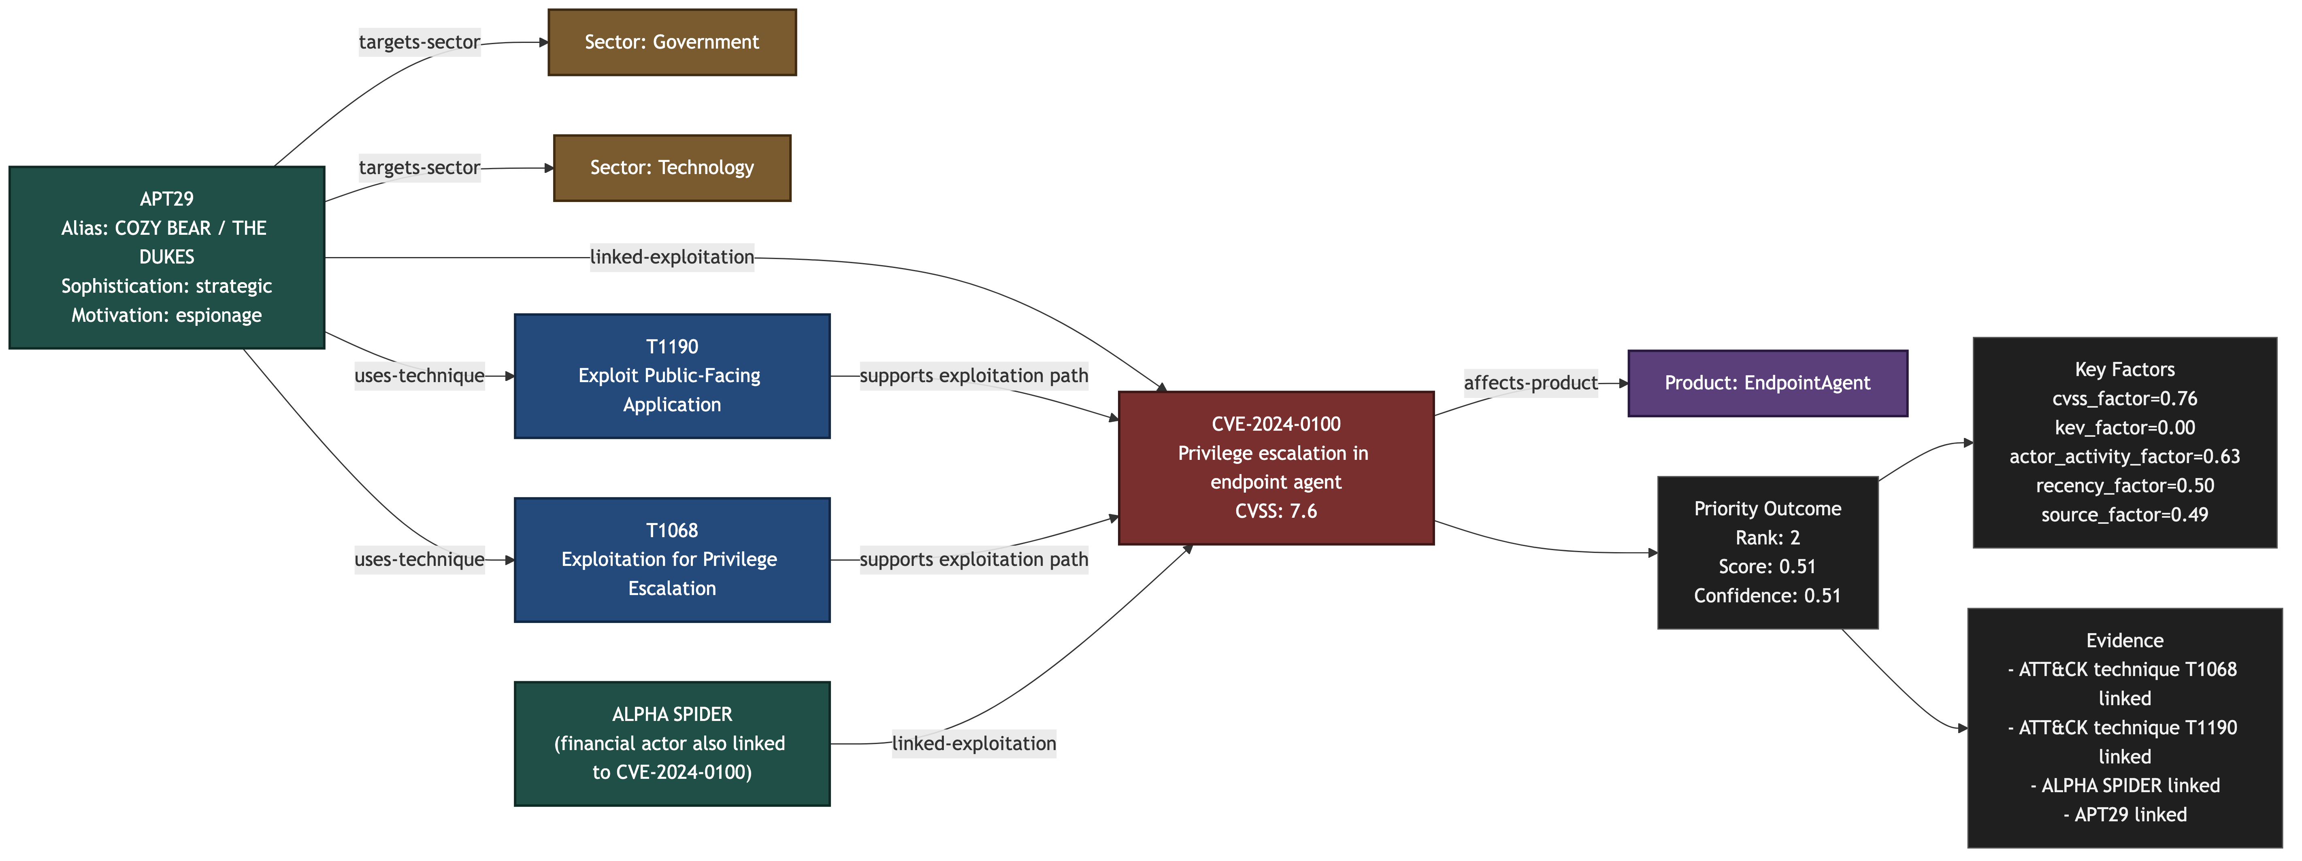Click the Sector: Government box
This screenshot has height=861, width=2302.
coord(672,42)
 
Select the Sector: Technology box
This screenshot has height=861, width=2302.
coord(672,168)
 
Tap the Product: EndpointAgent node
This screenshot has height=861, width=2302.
coord(1767,383)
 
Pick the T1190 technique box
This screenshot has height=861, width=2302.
coord(672,376)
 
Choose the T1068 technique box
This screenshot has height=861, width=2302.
coord(672,560)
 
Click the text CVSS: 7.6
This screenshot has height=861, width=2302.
coord(1276,511)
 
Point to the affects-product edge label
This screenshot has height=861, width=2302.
coord(1531,383)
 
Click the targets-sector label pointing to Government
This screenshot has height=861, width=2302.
coord(419,42)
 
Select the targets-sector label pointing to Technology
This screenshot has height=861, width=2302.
coord(419,168)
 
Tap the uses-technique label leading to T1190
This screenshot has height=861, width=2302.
coord(419,376)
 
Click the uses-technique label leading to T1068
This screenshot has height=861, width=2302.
coord(419,560)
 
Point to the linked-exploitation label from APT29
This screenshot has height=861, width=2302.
coord(672,257)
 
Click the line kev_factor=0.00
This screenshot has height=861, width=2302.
coord(2125,428)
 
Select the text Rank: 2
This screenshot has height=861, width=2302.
coord(1767,538)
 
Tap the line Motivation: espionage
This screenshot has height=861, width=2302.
coord(167,315)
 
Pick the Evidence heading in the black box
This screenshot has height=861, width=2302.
coord(2125,640)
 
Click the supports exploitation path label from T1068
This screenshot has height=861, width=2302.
coord(974,560)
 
